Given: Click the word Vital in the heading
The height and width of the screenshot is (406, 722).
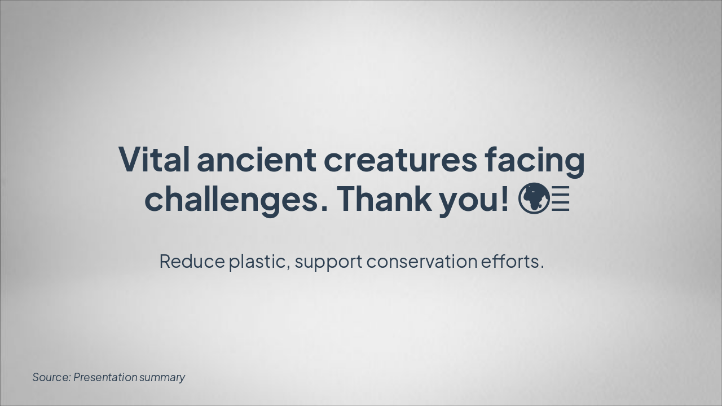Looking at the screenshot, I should pos(153,160).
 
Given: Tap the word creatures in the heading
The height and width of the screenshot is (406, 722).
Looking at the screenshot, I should pos(400,160).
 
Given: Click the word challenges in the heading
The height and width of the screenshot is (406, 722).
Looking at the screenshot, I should pos(231,199).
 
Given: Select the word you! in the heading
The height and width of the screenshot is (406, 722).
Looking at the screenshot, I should pos(474,199).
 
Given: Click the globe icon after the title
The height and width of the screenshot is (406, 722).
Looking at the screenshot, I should pos(534,198).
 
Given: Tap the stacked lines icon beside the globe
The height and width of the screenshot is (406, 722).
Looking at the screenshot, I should pos(561,199).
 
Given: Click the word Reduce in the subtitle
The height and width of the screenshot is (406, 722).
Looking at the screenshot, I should pos(192,262).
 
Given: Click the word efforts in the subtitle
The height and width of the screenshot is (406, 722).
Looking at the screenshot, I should pos(510,262).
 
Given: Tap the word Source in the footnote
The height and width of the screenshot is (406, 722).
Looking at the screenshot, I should pos(51,377).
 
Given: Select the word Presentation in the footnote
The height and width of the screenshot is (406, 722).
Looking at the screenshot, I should pos(105,377).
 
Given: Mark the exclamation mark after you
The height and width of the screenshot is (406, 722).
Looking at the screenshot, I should pos(504,198).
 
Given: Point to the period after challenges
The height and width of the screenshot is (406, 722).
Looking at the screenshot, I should pos(324,209).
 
